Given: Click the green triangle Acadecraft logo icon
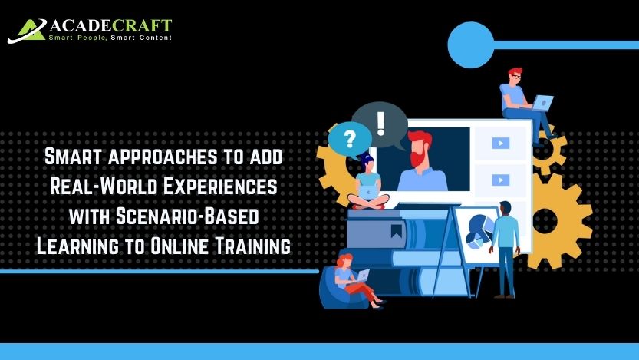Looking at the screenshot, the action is [x=27, y=31].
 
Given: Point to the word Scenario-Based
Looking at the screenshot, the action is [x=187, y=216].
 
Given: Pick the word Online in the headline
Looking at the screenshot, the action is [x=180, y=246].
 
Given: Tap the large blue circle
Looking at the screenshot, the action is [x=471, y=45].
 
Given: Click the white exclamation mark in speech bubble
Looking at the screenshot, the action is [x=380, y=124].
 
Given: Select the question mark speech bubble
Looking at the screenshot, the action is [x=350, y=140].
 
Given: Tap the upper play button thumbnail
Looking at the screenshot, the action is [x=501, y=143].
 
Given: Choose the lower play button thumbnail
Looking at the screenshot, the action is [x=501, y=180].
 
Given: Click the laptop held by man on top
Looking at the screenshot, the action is [x=542, y=103].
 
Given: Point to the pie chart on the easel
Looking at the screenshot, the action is [x=479, y=231].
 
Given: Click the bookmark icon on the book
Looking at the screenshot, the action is [x=396, y=231].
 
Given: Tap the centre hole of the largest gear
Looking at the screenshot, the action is [x=545, y=220].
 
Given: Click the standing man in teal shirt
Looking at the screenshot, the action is [x=506, y=249].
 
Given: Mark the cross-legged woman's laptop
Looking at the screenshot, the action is [x=368, y=191].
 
